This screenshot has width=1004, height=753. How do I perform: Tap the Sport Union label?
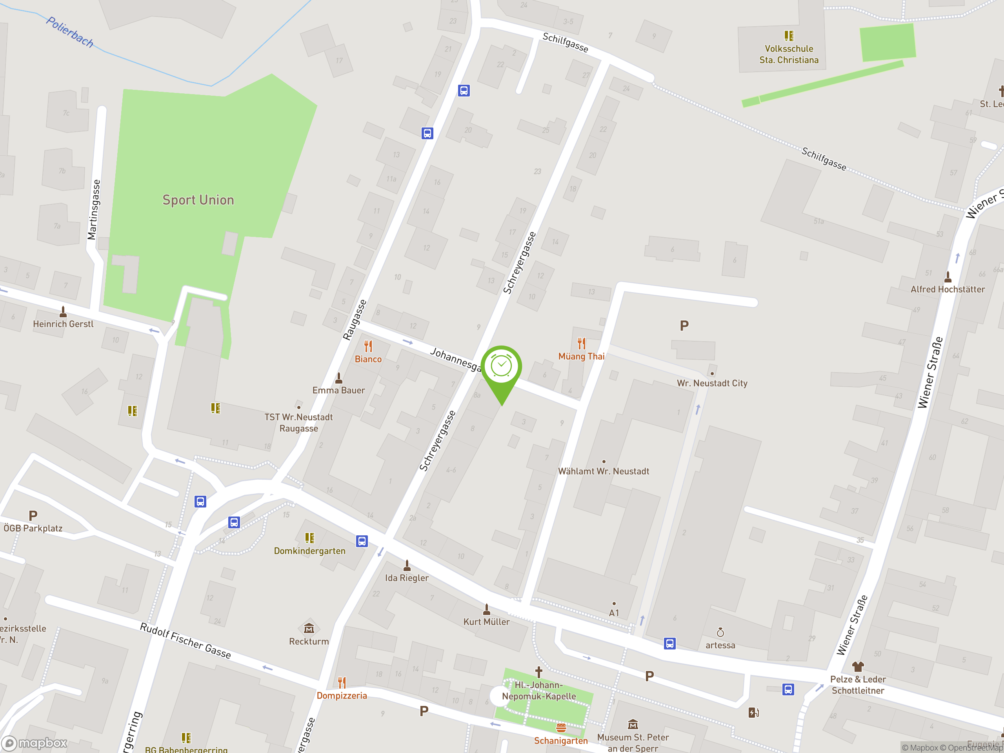click(x=198, y=200)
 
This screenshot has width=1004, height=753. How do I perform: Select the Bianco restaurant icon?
click(x=368, y=346)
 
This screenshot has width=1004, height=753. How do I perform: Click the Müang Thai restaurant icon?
click(x=582, y=343)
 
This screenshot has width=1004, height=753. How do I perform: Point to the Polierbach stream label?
click(x=70, y=32)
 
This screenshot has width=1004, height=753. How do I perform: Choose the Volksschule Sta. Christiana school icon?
click(x=789, y=36)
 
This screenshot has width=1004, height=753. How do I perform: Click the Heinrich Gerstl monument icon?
click(x=63, y=312)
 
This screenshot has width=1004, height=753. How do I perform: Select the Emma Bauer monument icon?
click(x=338, y=378)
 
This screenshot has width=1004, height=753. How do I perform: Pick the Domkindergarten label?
click(x=309, y=551)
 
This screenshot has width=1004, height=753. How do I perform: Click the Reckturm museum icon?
click(x=309, y=628)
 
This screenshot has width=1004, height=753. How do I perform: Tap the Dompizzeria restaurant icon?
click(x=342, y=682)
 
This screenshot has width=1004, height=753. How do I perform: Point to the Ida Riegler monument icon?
click(x=407, y=566)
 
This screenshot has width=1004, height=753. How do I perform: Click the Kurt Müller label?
click(x=486, y=622)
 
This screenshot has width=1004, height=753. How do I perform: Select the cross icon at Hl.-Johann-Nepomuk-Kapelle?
click(x=539, y=672)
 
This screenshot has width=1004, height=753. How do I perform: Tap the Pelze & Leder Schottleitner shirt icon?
click(x=857, y=666)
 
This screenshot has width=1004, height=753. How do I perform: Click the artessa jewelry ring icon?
click(x=720, y=633)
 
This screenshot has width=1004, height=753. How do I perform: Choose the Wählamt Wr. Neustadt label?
click(x=603, y=471)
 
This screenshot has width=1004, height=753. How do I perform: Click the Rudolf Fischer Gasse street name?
click(x=185, y=640)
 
